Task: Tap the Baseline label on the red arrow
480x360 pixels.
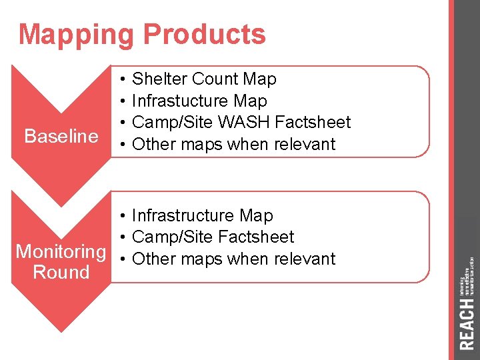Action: coord(61,137)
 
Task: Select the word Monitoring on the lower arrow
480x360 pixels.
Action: coord(61,252)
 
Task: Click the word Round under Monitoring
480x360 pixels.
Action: coord(61,272)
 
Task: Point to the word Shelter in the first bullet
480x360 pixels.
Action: coord(159,79)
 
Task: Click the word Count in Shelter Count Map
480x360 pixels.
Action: coord(215,79)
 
